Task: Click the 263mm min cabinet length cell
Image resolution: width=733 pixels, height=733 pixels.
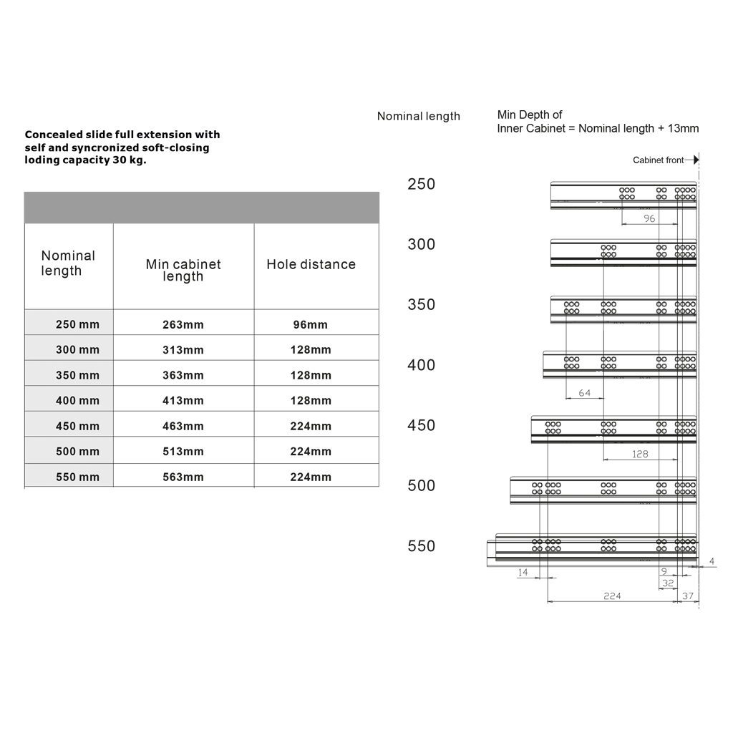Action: point(183,325)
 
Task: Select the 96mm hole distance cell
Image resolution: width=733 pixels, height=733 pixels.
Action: point(311,325)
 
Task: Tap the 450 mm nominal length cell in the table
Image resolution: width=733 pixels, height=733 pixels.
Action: point(77,427)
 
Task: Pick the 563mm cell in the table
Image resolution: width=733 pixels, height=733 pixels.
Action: point(183,477)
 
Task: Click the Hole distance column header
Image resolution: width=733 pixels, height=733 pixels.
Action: point(311,265)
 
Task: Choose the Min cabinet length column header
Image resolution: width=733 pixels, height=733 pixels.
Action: point(183,271)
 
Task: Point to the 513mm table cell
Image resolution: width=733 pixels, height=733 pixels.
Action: point(183,452)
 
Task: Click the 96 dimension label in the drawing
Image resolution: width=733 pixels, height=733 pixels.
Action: point(649,219)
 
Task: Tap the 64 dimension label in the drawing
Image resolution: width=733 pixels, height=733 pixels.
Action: point(585,393)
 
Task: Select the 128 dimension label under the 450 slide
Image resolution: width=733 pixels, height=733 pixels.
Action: point(640,455)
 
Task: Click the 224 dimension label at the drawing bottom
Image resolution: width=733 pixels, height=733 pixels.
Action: point(612,596)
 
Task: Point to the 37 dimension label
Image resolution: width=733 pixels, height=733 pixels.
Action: point(688,596)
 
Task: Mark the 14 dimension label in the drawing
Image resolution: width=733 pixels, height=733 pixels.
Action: point(523,573)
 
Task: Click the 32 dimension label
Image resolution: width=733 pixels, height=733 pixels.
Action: point(668,583)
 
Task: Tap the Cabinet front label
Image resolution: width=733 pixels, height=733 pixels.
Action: point(658,160)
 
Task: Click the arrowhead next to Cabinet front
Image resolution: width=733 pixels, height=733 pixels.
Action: point(695,160)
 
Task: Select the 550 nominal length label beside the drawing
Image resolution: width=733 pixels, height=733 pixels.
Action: point(421,547)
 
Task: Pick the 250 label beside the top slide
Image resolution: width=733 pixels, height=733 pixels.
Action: point(421,185)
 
